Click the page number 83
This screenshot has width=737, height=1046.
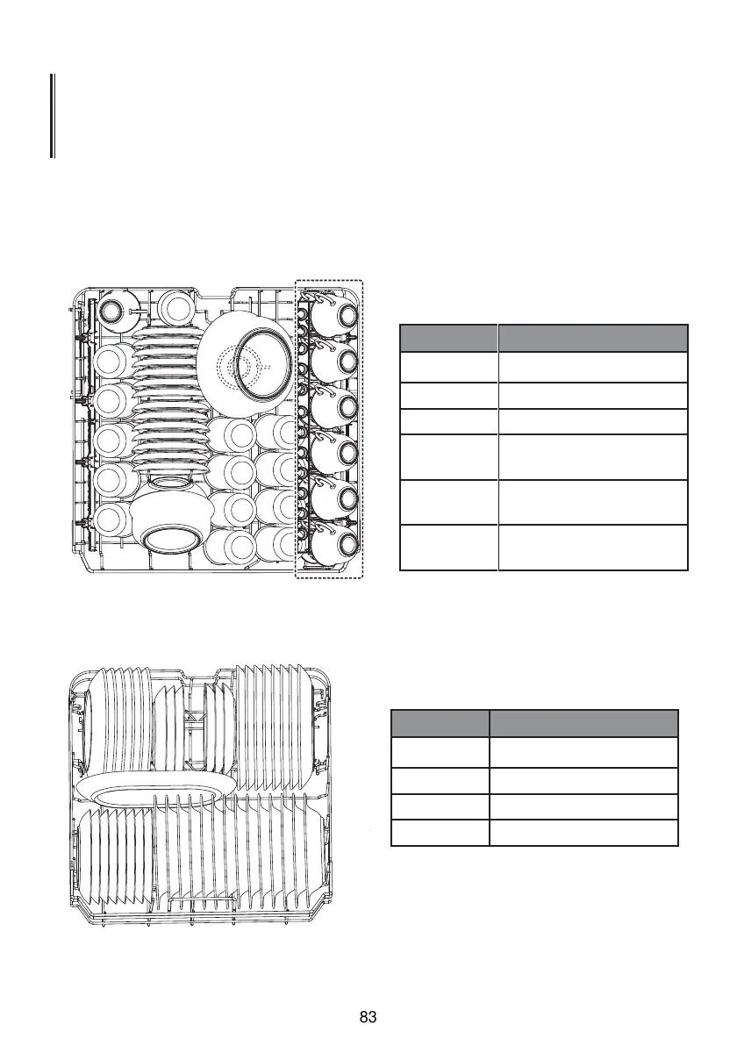368,1017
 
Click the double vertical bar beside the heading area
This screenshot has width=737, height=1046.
53,116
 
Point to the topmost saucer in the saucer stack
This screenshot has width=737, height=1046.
167,335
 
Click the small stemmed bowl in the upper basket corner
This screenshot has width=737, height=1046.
112,309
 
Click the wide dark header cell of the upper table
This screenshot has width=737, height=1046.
592,338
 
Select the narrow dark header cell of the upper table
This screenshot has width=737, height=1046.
448,338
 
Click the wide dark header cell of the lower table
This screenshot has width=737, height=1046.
583,723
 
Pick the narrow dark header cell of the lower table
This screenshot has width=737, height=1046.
440,723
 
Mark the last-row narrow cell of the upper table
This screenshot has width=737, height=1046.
448,548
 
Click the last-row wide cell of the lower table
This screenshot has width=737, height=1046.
583,833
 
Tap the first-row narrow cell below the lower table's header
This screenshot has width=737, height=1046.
440,752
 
